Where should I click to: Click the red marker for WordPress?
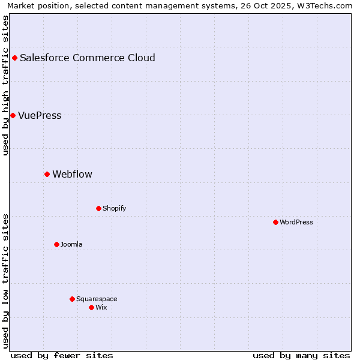[x=275, y=222]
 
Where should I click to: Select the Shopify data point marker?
[x=98, y=208]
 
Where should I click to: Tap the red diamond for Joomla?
[x=56, y=244]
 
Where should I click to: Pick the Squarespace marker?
[x=72, y=299]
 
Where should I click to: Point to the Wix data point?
[x=91, y=307]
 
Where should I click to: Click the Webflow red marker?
[x=47, y=174]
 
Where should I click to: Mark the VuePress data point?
[x=13, y=115]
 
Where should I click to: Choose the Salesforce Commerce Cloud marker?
[x=14, y=58]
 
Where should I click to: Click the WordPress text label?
[x=296, y=222]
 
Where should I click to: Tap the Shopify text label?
[x=114, y=208]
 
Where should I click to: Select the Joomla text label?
[x=71, y=244]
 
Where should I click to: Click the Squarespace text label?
[x=97, y=299]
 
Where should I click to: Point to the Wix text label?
[x=101, y=307]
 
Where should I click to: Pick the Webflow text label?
[x=72, y=175]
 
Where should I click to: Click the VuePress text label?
[x=40, y=116]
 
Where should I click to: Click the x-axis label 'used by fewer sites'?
[x=62, y=355]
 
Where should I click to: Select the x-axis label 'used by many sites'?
[x=301, y=355]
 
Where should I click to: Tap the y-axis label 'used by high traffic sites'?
[x=6, y=85]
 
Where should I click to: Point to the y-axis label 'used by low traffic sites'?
[x=6, y=281]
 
